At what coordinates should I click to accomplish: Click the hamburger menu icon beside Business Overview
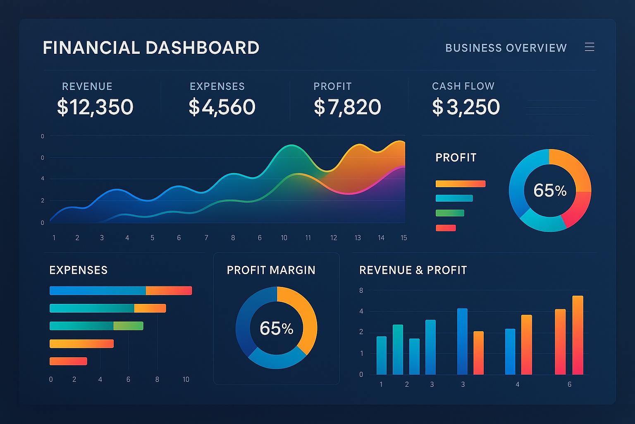pyautogui.click(x=590, y=47)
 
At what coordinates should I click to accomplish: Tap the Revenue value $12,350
pyautogui.click(x=95, y=107)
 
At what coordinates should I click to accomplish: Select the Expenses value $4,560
pyautogui.click(x=222, y=107)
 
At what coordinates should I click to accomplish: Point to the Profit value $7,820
pyautogui.click(x=347, y=107)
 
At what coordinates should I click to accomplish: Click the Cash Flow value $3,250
pyautogui.click(x=466, y=107)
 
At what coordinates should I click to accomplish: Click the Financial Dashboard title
pyautogui.click(x=151, y=48)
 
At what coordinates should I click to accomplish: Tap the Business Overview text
pyautogui.click(x=506, y=48)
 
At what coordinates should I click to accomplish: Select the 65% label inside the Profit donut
pyautogui.click(x=550, y=190)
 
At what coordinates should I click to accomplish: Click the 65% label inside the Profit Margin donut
pyautogui.click(x=276, y=328)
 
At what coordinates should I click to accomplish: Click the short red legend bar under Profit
pyautogui.click(x=446, y=228)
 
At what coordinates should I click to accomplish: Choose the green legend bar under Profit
pyautogui.click(x=450, y=213)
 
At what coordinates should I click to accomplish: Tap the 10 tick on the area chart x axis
pyautogui.click(x=284, y=238)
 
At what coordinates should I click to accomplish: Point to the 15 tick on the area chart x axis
pyautogui.click(x=404, y=238)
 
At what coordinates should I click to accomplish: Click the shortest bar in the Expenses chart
pyautogui.click(x=68, y=361)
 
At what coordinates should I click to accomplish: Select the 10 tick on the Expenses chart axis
pyautogui.click(x=186, y=379)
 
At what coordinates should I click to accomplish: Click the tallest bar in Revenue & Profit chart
pyautogui.click(x=578, y=335)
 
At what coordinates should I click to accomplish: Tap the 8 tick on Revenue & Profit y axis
pyautogui.click(x=361, y=290)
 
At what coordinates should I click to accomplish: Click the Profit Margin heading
pyautogui.click(x=271, y=270)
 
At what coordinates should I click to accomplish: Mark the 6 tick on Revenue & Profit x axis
pyautogui.click(x=569, y=384)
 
